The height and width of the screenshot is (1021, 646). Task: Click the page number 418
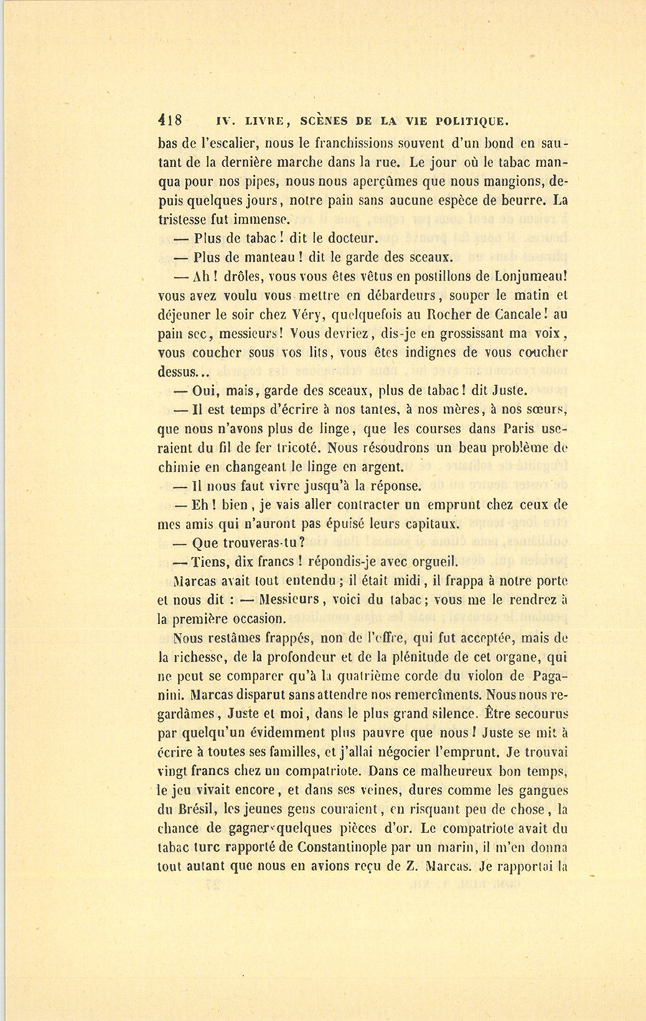(171, 120)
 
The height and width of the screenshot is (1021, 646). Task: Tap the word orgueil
(432, 562)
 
